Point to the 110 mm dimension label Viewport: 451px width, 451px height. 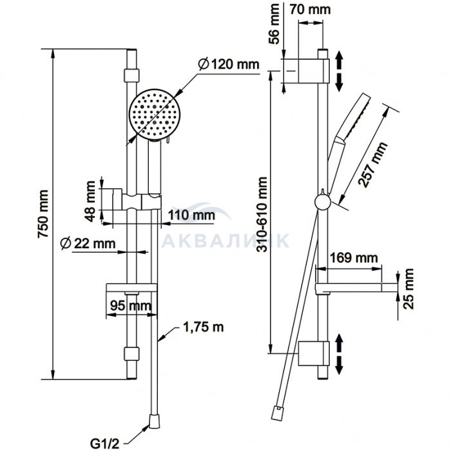point(191,214)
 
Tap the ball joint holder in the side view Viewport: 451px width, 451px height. point(321,202)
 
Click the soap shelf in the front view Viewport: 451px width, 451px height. point(130,288)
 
